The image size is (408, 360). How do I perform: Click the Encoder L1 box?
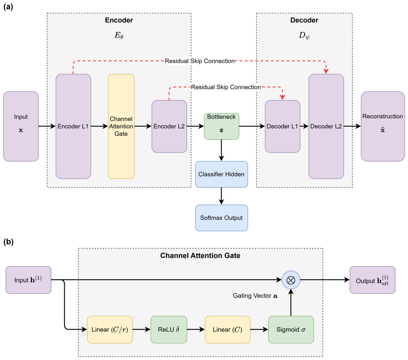click(x=73, y=126)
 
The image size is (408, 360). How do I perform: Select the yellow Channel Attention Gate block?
click(x=121, y=126)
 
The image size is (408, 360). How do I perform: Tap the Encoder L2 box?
click(x=169, y=126)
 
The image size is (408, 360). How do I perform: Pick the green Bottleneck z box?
click(x=221, y=126)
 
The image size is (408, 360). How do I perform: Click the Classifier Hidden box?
click(x=221, y=174)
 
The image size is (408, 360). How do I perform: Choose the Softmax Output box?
click(x=221, y=218)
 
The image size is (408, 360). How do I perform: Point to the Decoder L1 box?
click(x=283, y=126)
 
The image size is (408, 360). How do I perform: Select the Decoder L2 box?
click(x=326, y=126)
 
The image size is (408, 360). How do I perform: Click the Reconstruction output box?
click(x=383, y=126)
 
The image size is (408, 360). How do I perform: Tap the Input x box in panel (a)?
click(x=21, y=126)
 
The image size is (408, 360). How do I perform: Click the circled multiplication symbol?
click(x=291, y=280)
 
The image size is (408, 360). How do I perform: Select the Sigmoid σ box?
click(x=291, y=330)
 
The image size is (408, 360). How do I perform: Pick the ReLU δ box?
click(x=169, y=330)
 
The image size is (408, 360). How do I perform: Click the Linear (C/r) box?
click(x=110, y=330)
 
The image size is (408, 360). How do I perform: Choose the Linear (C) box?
click(x=228, y=330)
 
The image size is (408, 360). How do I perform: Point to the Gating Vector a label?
click(x=255, y=296)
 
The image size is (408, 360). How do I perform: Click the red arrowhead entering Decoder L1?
click(x=282, y=97)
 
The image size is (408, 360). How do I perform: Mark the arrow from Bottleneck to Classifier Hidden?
click(x=221, y=150)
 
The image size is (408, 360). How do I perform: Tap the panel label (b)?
click(x=8, y=242)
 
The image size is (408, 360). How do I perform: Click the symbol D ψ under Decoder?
click(x=304, y=36)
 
